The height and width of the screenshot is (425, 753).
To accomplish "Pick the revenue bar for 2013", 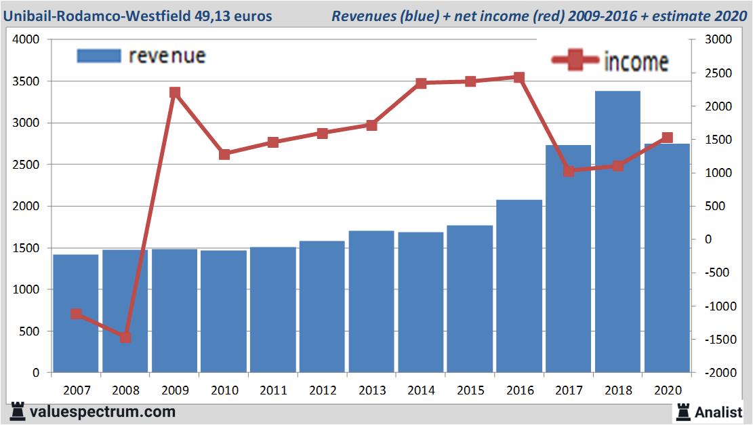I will [371, 302].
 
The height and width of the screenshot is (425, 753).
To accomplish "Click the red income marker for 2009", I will [175, 92].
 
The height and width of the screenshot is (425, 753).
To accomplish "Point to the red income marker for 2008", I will [125, 338].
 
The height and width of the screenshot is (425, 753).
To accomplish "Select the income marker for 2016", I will [519, 77].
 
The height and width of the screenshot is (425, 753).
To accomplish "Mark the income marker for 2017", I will [569, 171].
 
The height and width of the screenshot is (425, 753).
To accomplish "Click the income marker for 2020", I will [667, 138].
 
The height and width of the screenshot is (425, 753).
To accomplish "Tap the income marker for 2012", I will [323, 134].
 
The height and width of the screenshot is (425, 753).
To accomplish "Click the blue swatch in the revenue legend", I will [99, 56].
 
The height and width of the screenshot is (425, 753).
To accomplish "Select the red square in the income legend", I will [575, 61].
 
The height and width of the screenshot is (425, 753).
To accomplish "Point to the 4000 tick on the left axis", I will [27, 40].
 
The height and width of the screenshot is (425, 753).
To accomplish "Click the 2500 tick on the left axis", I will [27, 165].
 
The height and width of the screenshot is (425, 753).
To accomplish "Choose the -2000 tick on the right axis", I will [720, 373].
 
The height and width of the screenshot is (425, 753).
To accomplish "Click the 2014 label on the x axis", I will [421, 390].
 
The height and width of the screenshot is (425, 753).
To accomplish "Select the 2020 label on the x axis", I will [667, 390].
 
